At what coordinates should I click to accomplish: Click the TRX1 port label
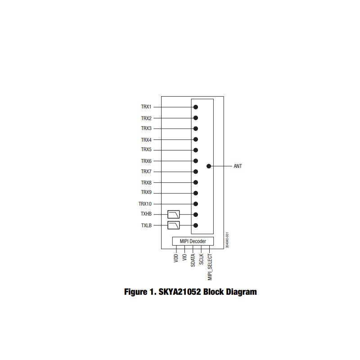146,107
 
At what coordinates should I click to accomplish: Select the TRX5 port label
146,149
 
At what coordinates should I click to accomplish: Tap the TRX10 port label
145,204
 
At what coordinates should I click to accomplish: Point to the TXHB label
146,214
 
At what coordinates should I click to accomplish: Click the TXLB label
146,225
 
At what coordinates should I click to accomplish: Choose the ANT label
238,166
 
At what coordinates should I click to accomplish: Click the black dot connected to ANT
209,166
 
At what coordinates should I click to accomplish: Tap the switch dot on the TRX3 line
196,129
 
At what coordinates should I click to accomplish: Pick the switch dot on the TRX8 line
196,182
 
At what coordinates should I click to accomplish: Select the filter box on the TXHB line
174,215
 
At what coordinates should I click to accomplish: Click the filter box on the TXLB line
174,225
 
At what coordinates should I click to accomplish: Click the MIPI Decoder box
193,241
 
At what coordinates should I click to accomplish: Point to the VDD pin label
176,258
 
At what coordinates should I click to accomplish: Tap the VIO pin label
184,257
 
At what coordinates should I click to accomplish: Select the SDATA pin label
193,261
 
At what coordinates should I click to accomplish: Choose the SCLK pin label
201,259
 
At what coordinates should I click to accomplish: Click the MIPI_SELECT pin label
210,267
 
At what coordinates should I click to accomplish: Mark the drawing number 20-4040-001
227,240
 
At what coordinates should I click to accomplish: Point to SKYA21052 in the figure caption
180,292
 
